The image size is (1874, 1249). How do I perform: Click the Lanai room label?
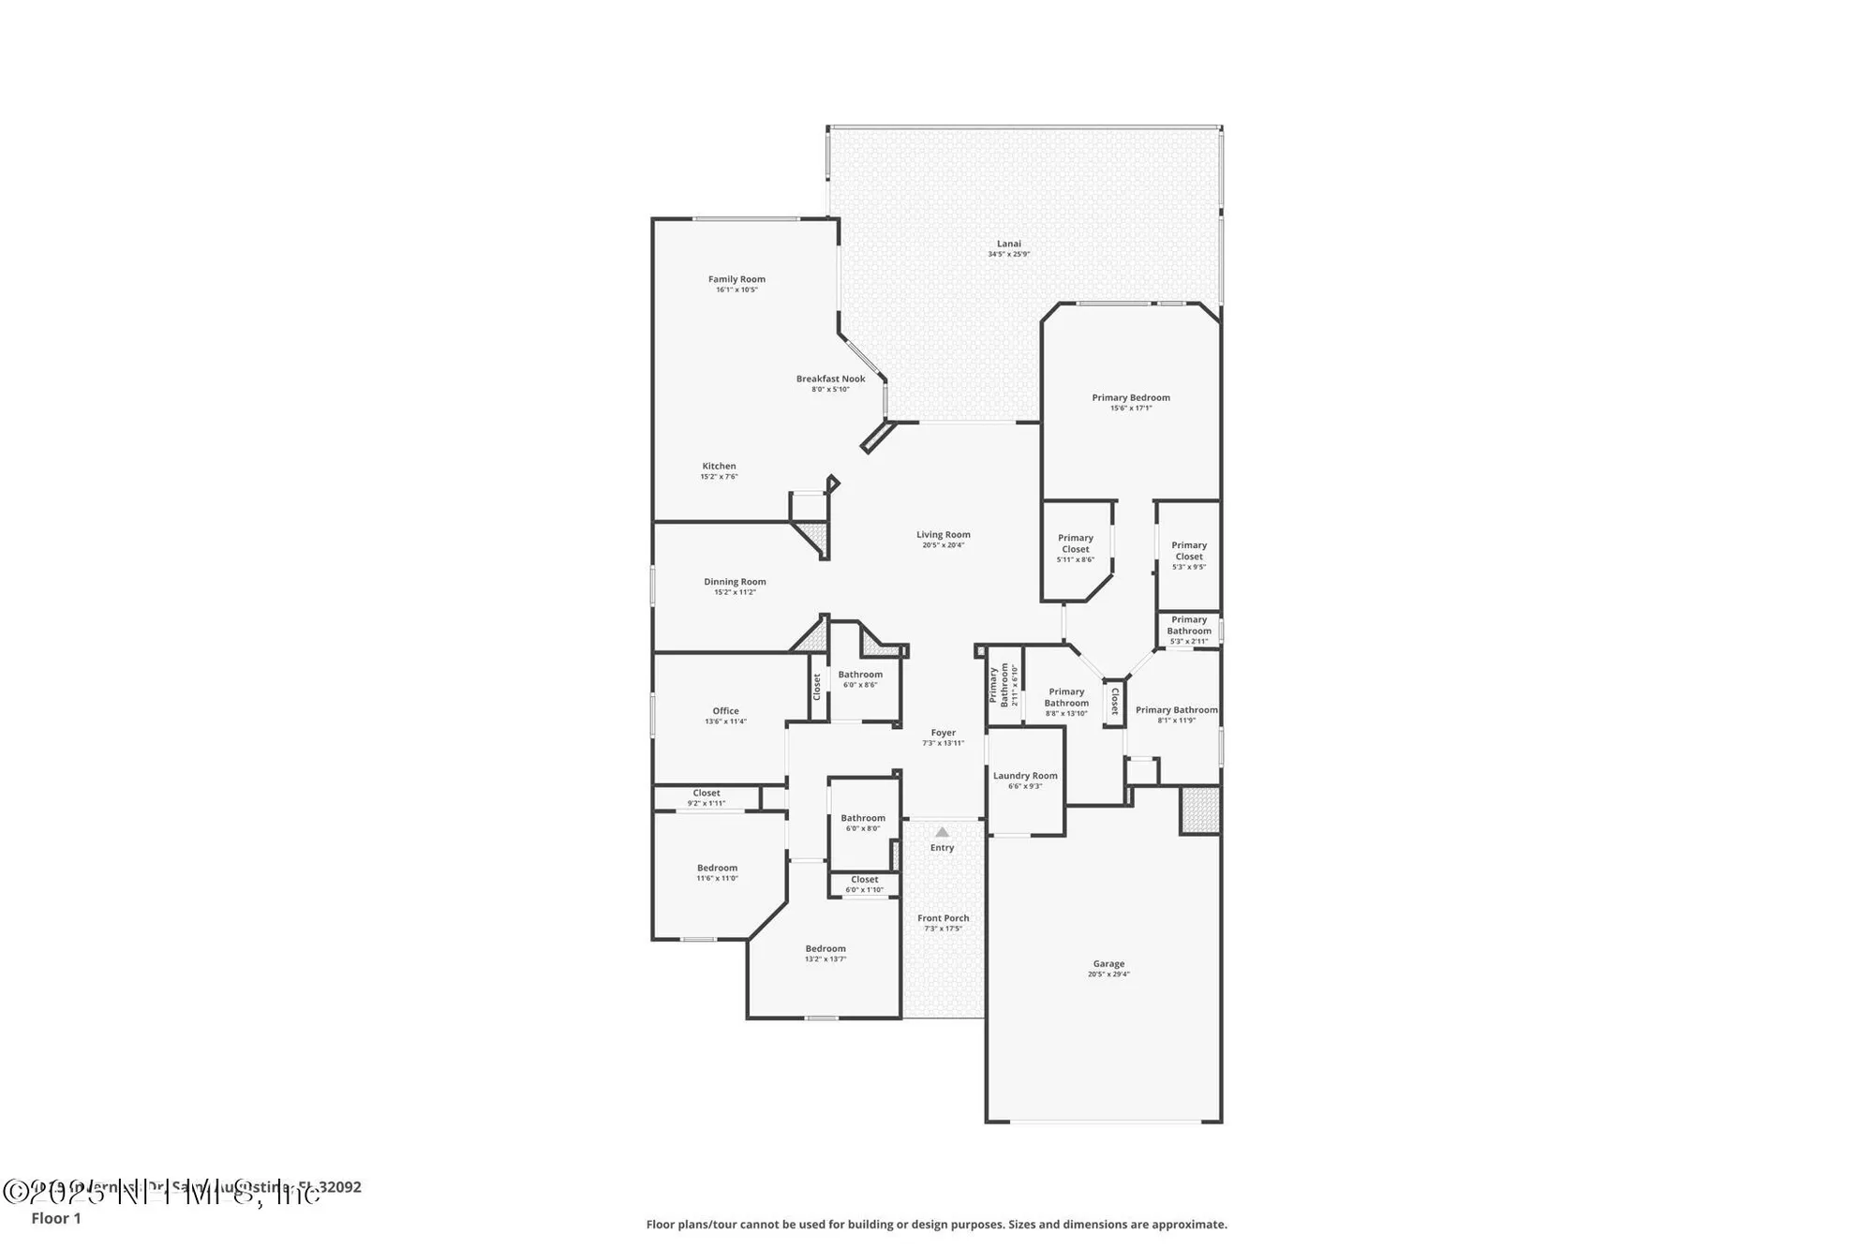point(1008,244)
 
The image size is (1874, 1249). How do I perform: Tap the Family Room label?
point(736,279)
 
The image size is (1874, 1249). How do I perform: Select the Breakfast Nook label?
point(830,379)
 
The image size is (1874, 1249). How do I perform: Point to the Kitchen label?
point(719,467)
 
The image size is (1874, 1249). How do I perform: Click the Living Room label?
point(943,535)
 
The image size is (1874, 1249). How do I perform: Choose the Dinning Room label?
point(735,582)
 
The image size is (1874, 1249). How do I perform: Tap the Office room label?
point(725,711)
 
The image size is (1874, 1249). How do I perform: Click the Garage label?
point(1108,963)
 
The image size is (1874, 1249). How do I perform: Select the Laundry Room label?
point(1025,776)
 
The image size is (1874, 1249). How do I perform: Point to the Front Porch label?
point(943,918)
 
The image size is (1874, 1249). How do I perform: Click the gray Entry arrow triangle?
point(942,832)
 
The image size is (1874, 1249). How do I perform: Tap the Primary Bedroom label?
point(1130,397)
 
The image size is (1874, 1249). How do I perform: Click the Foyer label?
point(943,733)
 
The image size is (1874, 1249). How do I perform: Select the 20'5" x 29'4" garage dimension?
point(1108,974)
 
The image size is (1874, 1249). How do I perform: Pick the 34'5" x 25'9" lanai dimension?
point(1008,255)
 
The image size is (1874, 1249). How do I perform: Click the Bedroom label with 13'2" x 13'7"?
point(825,949)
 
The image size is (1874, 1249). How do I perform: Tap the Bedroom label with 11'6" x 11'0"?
point(717,868)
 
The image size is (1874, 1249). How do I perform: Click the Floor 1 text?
point(56,1218)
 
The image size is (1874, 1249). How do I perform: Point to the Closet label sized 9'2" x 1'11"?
point(706,794)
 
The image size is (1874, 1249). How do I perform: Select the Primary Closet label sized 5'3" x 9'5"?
point(1188,551)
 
